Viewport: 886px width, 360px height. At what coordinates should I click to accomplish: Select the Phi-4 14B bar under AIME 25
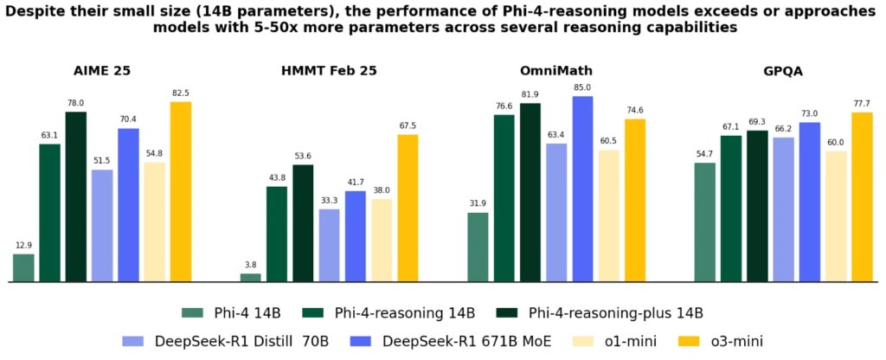point(23,268)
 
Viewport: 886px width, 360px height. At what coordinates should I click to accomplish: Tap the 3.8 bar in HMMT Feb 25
point(251,278)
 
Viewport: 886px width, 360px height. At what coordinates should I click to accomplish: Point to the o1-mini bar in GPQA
point(836,216)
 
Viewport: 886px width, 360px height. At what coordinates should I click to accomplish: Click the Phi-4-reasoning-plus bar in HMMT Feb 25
point(303,223)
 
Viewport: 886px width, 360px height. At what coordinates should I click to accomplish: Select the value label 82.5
point(181,92)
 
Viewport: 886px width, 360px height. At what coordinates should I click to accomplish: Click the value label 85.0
point(582,87)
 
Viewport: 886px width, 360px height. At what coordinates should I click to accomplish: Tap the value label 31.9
point(478,203)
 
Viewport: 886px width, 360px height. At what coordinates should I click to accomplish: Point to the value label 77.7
point(862,103)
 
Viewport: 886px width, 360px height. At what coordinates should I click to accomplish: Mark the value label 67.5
point(408,125)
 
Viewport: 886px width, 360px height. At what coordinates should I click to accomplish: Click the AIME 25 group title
point(102,71)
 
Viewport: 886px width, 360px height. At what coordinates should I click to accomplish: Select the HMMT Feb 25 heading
point(329,71)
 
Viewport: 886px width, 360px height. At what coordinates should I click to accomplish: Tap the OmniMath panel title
point(555,71)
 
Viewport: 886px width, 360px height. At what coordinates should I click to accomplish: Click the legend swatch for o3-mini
point(694,341)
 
